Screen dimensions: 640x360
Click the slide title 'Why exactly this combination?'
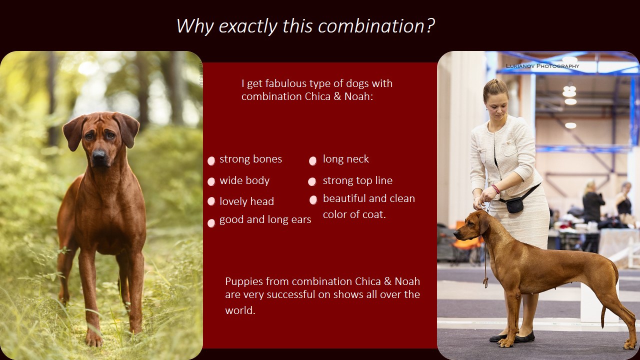305,26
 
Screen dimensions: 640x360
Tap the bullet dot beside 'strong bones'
211,160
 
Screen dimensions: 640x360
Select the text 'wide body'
244,180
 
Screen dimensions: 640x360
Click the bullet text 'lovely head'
246,201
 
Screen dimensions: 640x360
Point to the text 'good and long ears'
265,219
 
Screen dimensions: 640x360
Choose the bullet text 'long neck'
345,159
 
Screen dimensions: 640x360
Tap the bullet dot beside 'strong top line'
312,181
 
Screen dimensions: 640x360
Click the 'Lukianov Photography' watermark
542,66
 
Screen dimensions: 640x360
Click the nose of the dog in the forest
98,154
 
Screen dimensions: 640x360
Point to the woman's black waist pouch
515,205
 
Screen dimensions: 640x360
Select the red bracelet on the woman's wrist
495,189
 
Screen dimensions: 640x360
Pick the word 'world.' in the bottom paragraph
240,310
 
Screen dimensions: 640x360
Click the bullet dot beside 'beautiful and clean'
313,200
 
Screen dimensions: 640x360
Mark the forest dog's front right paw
93,339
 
